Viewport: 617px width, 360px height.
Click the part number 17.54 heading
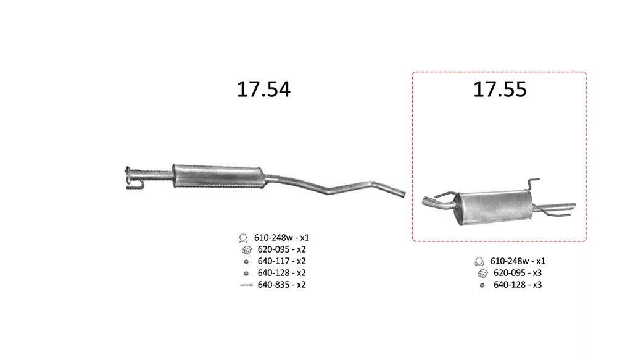click(x=263, y=89)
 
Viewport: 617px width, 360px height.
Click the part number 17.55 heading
click(x=500, y=89)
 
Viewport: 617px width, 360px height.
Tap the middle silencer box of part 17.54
click(x=218, y=176)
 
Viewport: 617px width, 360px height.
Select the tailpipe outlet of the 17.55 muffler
click(x=573, y=206)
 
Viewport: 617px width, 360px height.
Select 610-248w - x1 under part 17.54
click(x=281, y=238)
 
